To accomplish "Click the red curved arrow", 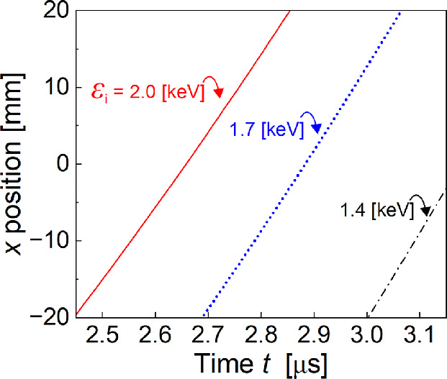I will pyautogui.click(x=212, y=85).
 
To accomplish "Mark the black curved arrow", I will pyautogui.click(x=419, y=204).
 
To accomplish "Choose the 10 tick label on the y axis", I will pyautogui.click(x=56, y=88).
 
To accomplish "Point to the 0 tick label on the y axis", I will pyautogui.click(x=62, y=164).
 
